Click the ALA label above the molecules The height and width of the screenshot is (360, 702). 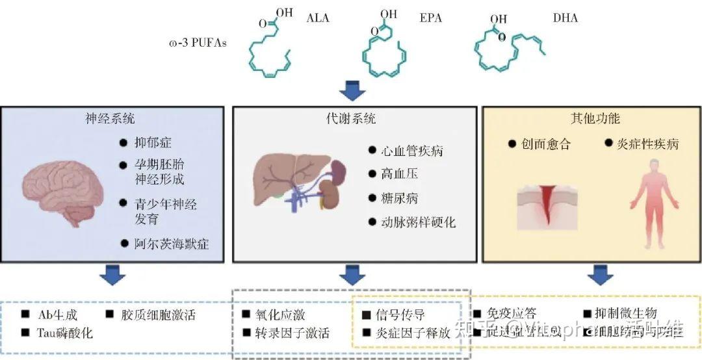tap(318, 18)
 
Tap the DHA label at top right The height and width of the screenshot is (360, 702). tap(565, 18)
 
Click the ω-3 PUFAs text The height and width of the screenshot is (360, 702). tap(193, 45)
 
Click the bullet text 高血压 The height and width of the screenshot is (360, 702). tap(399, 174)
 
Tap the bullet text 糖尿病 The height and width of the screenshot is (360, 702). tap(399, 198)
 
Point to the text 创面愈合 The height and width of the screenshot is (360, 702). tap(545, 144)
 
